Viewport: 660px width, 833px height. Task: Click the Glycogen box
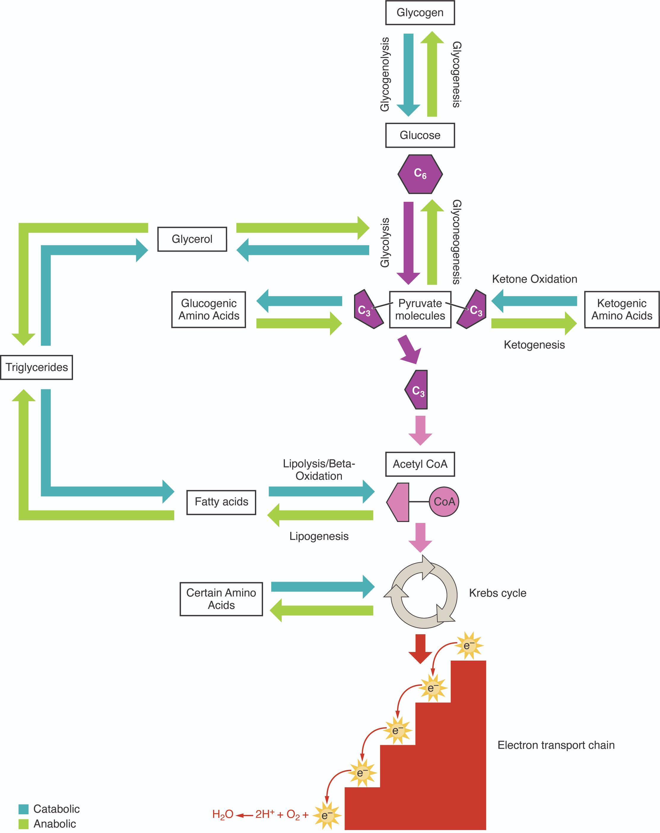(420, 13)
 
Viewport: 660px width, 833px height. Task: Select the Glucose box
(420, 135)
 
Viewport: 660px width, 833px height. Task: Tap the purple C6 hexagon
(420, 174)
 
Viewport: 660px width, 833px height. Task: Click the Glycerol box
(192, 239)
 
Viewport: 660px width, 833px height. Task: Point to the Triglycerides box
(37, 367)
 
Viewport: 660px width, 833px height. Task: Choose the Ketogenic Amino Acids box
(621, 310)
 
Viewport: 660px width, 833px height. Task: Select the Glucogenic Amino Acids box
(209, 310)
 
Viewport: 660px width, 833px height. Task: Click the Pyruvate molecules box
(420, 310)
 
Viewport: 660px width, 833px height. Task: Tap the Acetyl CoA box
(420, 464)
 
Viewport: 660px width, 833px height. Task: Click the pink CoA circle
(444, 502)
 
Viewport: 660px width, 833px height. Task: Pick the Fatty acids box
(221, 502)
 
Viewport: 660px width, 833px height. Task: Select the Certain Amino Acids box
(221, 599)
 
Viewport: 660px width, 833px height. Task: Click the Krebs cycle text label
(497, 593)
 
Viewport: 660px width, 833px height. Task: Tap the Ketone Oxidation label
(534, 279)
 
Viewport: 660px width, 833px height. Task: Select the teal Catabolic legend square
(23, 809)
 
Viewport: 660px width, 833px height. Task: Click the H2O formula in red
(223, 815)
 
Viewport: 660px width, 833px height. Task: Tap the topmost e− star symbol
(469, 646)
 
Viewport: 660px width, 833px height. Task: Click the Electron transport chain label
(556, 745)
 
